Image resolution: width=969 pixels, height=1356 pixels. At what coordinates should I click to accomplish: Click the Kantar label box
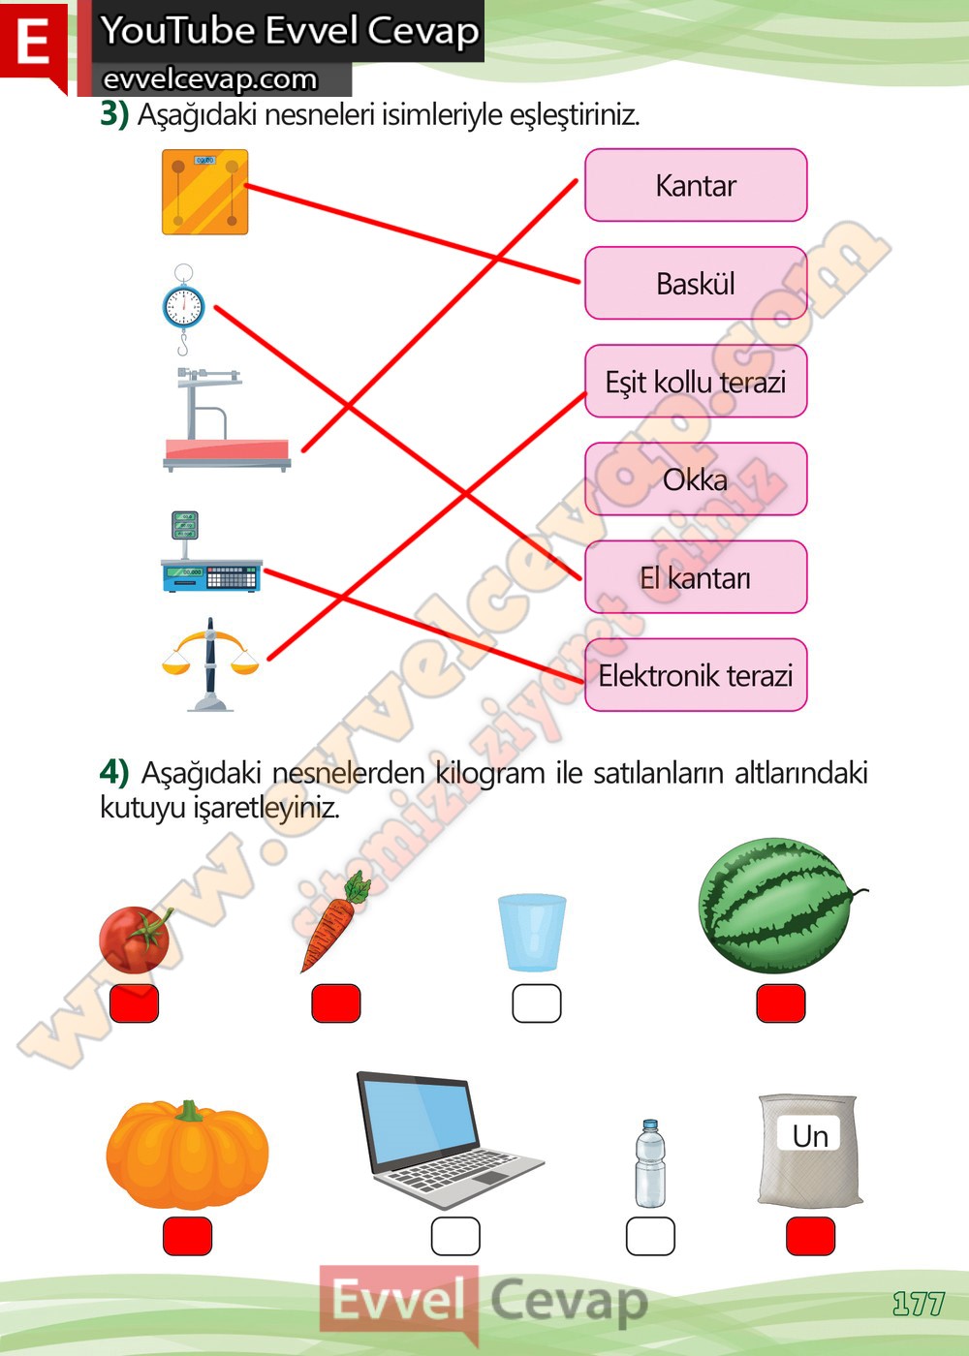click(696, 185)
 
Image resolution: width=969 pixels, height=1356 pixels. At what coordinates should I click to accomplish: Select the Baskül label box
click(696, 283)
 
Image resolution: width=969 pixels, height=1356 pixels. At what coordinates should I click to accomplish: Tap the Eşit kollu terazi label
click(696, 382)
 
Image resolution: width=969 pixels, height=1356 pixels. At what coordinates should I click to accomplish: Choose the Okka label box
click(696, 479)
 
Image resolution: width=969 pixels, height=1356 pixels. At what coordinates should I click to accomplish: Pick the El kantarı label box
click(696, 577)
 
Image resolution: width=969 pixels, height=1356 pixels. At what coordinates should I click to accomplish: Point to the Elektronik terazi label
click(696, 675)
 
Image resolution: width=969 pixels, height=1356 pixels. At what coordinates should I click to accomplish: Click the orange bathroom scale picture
click(205, 192)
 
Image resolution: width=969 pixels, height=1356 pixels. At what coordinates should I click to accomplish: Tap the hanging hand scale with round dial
click(183, 308)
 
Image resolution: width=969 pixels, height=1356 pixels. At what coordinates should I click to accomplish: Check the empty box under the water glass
click(537, 1003)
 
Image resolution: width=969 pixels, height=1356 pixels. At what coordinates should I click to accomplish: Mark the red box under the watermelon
click(781, 1003)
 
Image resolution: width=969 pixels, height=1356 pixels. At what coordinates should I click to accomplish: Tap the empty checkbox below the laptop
click(455, 1236)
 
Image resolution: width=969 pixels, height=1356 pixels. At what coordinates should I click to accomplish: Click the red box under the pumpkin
click(187, 1236)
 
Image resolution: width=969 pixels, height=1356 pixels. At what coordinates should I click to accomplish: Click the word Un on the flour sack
click(810, 1135)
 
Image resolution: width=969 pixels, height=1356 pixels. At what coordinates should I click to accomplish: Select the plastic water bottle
click(650, 1164)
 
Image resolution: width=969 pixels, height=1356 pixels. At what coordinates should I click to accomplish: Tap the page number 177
click(918, 1304)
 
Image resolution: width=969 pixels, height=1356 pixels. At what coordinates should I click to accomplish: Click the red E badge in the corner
click(33, 43)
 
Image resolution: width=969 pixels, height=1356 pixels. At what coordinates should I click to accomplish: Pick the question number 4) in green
click(114, 773)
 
